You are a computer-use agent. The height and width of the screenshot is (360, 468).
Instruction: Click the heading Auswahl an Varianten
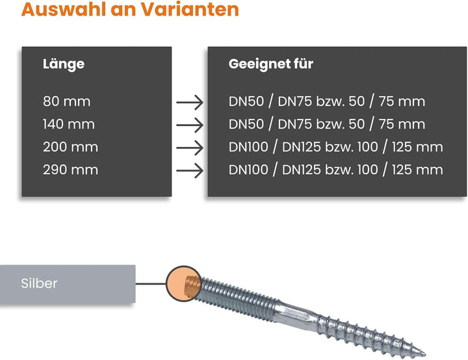click(x=130, y=9)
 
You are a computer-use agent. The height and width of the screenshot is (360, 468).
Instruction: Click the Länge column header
click(x=64, y=64)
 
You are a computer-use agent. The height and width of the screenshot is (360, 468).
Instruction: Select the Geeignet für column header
click(x=270, y=64)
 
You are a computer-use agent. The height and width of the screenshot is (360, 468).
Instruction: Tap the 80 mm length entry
click(x=66, y=101)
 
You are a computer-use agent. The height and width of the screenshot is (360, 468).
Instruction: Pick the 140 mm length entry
click(x=69, y=124)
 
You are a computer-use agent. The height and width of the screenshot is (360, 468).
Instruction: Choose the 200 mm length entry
click(x=70, y=147)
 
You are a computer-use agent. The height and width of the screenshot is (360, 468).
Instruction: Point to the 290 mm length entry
click(x=70, y=170)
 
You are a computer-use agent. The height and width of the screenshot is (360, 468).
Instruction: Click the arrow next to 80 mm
click(x=190, y=103)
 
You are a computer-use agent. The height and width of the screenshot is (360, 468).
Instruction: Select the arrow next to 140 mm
click(x=190, y=125)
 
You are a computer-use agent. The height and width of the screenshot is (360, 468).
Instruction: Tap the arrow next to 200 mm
click(x=190, y=148)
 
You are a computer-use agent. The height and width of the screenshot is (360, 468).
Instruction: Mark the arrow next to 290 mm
click(x=190, y=170)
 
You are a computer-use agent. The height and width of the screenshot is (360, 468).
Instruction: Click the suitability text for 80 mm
click(x=327, y=101)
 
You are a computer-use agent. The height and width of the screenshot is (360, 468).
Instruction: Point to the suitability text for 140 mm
click(x=327, y=124)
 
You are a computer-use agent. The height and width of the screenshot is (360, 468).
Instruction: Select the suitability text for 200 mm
click(x=336, y=147)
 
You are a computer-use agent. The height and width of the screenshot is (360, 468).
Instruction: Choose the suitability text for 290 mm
click(x=336, y=170)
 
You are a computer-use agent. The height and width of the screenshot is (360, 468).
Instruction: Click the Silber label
click(x=39, y=283)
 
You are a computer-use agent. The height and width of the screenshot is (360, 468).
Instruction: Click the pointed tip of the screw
click(x=425, y=355)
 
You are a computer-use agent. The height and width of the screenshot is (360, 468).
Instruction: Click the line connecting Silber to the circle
click(x=151, y=283)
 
